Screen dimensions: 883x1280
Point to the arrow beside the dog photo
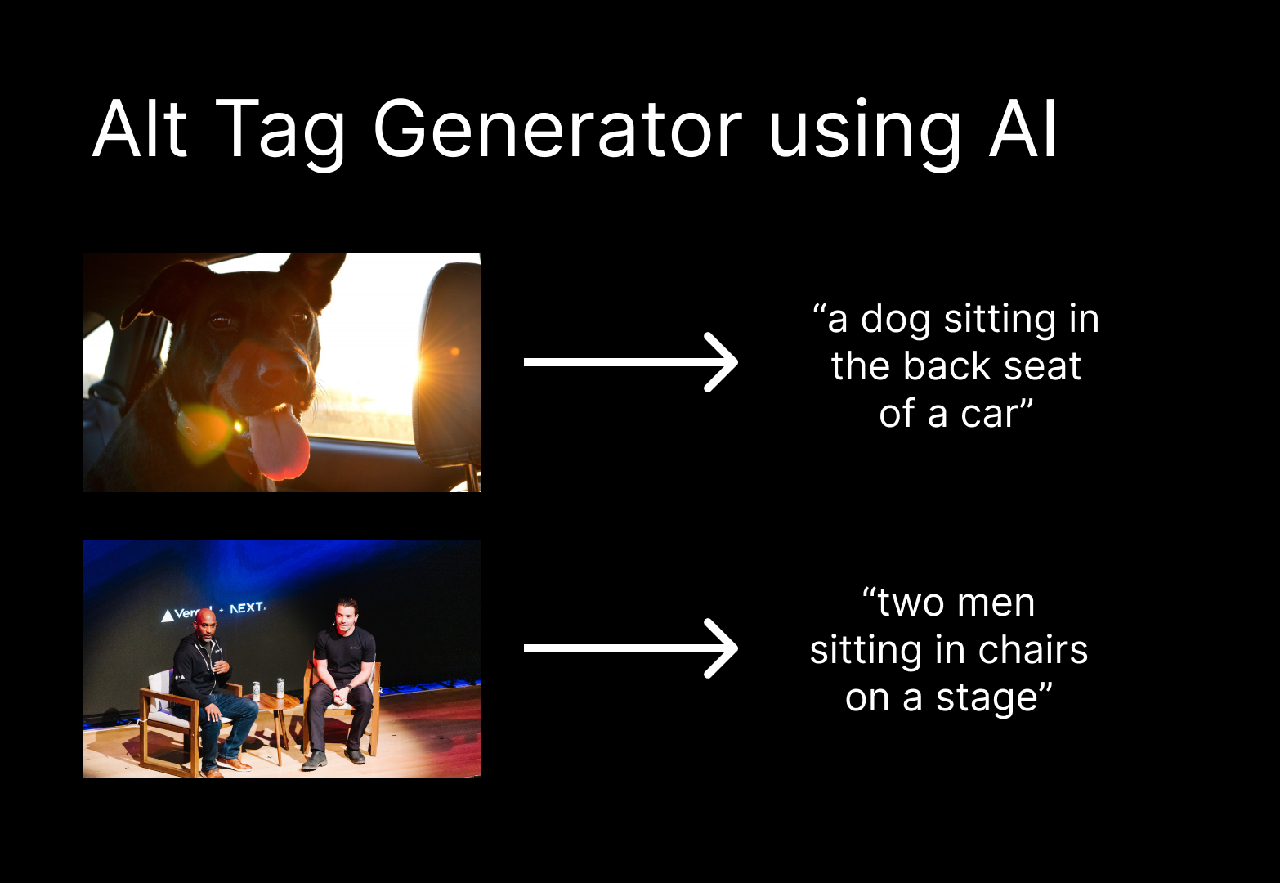630,362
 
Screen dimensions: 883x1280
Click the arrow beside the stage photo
630,648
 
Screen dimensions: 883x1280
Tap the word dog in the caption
897,319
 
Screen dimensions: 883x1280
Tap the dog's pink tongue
278,446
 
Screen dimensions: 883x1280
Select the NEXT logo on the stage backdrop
247,607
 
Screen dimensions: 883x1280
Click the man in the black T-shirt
343,662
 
